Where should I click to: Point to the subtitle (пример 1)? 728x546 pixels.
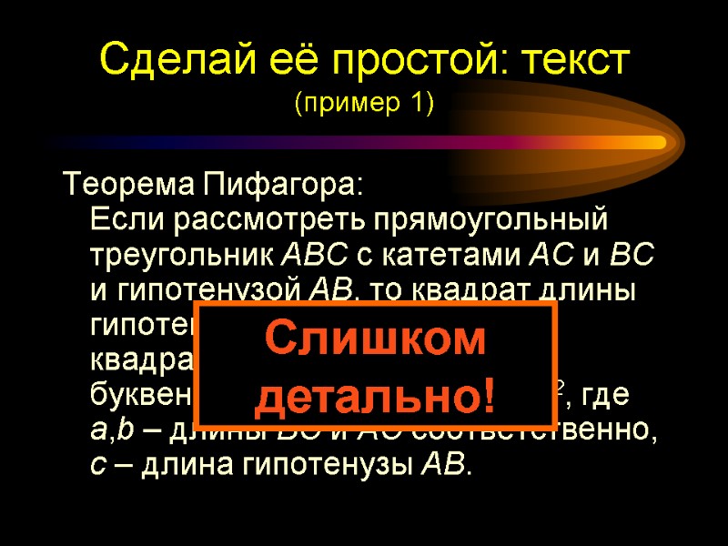pos(364,105)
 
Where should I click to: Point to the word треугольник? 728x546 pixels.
pos(181,256)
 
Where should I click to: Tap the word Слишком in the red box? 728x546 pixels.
pos(375,339)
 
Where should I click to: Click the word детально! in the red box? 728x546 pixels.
pos(377,395)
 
